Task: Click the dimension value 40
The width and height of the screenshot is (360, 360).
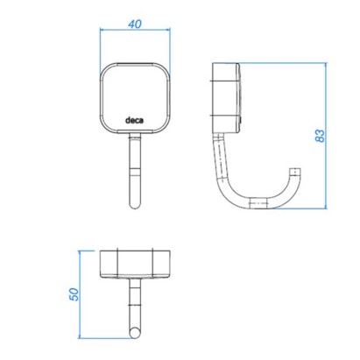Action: pos(135,24)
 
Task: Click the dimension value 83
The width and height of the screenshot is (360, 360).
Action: pos(320,136)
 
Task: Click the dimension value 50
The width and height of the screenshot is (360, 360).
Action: pos(74,294)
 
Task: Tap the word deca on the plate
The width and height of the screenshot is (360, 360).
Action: pos(134,120)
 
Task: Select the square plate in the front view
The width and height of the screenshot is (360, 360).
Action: pos(135,98)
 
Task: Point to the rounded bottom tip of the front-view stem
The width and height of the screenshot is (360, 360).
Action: pos(135,207)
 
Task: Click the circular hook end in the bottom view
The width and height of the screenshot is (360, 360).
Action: pos(135,333)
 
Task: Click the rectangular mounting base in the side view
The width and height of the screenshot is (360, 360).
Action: pos(226,98)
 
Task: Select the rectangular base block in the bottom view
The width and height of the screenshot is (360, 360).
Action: pos(135,264)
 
